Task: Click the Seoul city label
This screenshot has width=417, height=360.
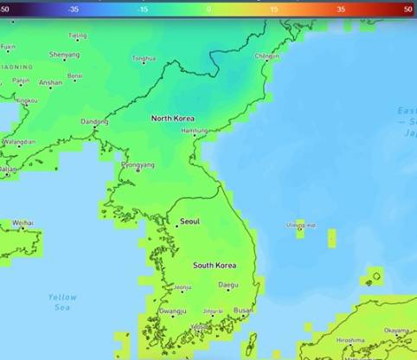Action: coord(190,222)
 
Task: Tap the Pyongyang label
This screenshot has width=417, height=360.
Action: coord(138,164)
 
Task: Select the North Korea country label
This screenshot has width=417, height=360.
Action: coord(173,119)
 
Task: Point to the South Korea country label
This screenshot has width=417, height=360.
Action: coord(215,265)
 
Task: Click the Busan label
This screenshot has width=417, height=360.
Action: coord(243,310)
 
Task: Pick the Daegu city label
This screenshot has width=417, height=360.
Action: coord(228,285)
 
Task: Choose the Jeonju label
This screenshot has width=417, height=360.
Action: coord(183,287)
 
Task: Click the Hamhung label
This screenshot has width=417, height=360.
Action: coord(195,131)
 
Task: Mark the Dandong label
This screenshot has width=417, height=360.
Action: coord(94,122)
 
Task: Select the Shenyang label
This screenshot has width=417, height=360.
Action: coord(64,55)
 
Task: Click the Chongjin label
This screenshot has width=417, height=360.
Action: coord(266,56)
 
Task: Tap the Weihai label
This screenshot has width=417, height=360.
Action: coord(23,222)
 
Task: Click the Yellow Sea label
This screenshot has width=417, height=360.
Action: coord(62,302)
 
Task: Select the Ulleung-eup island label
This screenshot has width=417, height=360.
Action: coord(301,225)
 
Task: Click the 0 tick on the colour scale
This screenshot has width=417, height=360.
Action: coord(209,8)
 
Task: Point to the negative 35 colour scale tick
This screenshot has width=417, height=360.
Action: coord(75,8)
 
